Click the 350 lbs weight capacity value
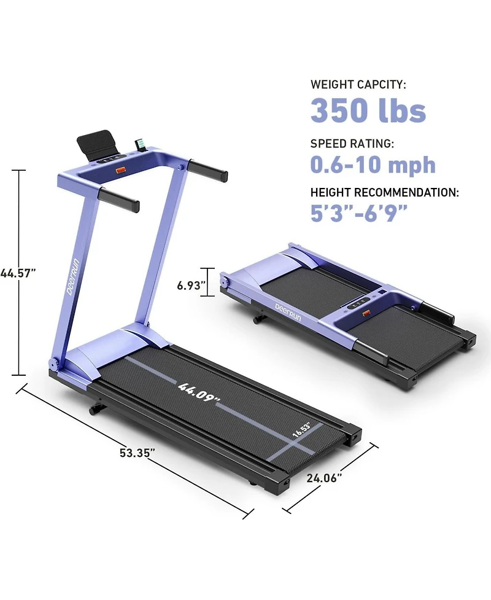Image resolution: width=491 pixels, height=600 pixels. pyautogui.click(x=368, y=110)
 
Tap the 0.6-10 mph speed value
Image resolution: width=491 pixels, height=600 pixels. pyautogui.click(x=373, y=165)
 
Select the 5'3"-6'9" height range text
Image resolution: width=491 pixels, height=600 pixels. pyautogui.click(x=358, y=212)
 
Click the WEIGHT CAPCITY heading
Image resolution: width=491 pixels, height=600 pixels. pyautogui.click(x=358, y=84)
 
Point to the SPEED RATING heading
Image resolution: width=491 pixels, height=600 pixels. pyautogui.click(x=352, y=144)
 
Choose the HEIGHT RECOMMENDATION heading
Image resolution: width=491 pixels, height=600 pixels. pyautogui.click(x=384, y=192)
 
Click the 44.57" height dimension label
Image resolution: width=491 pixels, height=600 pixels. pyautogui.click(x=18, y=273)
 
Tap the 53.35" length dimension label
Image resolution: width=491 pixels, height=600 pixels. pyautogui.click(x=137, y=453)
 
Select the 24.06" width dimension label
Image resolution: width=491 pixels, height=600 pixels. pyautogui.click(x=324, y=478)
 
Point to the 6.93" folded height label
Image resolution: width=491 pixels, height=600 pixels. pyautogui.click(x=191, y=286)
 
